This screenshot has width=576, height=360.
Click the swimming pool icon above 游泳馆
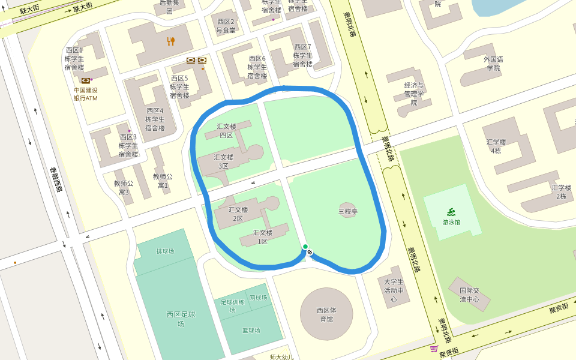(x=451, y=211)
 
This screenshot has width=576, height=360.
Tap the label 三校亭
(x=348, y=211)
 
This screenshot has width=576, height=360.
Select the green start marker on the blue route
(x=305, y=247)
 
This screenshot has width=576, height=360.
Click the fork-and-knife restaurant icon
(x=171, y=41)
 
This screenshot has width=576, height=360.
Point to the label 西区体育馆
(x=327, y=314)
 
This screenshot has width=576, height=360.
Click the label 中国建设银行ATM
(x=86, y=94)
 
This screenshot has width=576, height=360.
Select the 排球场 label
(x=165, y=251)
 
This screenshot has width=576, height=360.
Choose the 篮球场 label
(x=251, y=330)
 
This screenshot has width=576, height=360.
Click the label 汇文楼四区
(x=226, y=131)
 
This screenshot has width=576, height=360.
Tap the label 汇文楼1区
(x=263, y=237)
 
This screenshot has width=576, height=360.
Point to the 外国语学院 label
(x=493, y=64)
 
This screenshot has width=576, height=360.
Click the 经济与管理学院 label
(x=414, y=94)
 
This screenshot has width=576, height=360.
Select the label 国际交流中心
(x=470, y=295)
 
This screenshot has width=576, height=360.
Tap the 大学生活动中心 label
(x=394, y=290)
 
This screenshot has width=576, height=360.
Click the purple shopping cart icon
(x=433, y=349)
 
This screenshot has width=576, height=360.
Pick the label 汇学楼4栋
(x=496, y=146)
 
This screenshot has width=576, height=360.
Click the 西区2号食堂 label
(x=226, y=26)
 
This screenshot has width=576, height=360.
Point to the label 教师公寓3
(x=124, y=188)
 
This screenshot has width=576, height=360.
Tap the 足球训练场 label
(x=232, y=305)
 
